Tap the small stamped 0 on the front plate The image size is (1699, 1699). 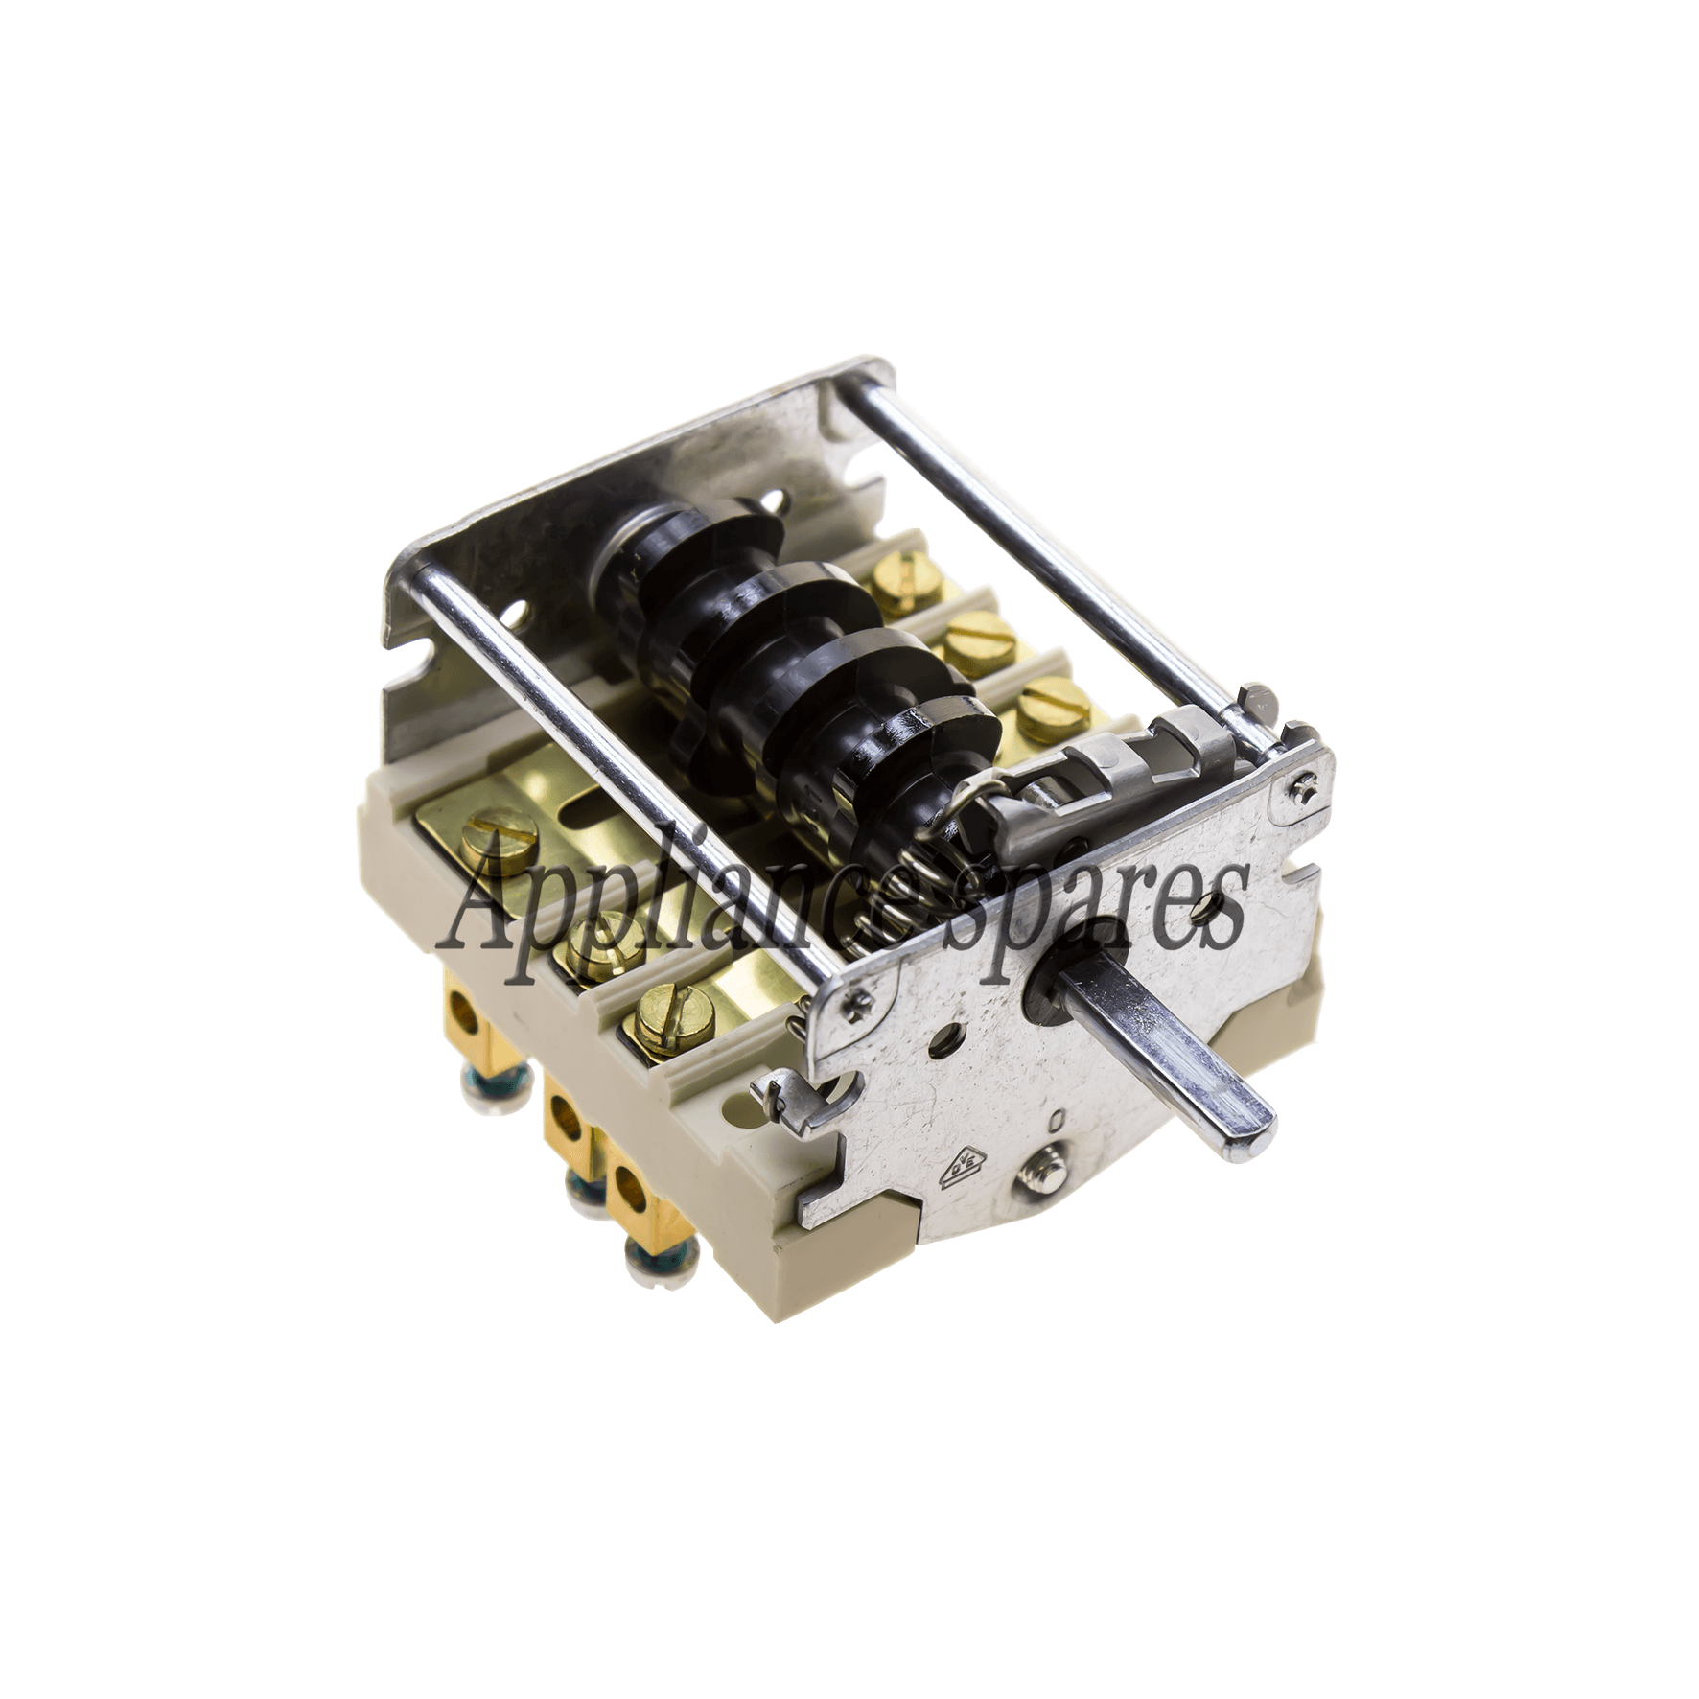pos(1056,1120)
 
